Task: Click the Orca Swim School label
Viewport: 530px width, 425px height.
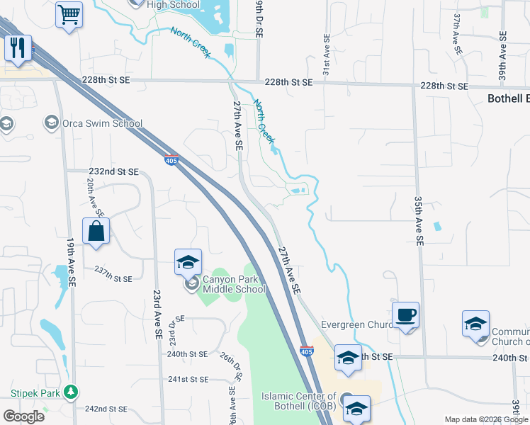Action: click(102, 123)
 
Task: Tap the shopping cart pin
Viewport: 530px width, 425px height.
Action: click(69, 14)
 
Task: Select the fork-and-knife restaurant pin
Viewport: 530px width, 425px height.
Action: click(18, 47)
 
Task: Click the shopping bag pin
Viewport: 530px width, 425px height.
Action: click(96, 232)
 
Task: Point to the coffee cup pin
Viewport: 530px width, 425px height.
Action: click(406, 314)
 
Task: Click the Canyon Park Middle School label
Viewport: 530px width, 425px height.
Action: click(234, 283)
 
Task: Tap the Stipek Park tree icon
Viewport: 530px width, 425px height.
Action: click(70, 391)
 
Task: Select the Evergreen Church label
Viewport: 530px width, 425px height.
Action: click(352, 325)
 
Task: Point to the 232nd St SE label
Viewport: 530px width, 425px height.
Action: click(113, 171)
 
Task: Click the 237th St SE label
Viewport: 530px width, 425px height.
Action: click(113, 278)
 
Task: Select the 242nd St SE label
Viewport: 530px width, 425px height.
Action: click(106, 409)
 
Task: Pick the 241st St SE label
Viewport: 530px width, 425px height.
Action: click(188, 379)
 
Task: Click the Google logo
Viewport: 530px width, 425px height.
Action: click(23, 416)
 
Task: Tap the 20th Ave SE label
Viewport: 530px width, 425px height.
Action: click(95, 197)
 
